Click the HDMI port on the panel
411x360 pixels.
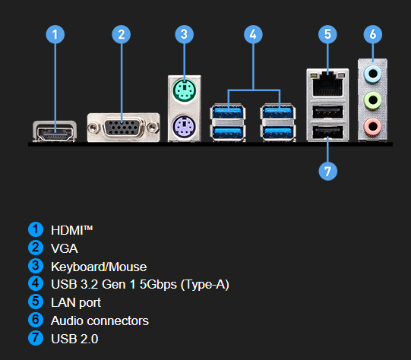(55, 132)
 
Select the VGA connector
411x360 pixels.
(124, 128)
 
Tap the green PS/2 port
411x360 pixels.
(185, 90)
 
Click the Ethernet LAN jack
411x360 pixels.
(327, 84)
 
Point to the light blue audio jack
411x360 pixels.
(372, 74)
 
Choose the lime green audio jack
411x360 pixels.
(372, 99)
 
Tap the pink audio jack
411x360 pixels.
(372, 127)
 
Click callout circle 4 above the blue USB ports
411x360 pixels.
(253, 34)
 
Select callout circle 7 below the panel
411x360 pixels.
(327, 171)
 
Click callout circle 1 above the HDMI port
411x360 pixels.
(55, 34)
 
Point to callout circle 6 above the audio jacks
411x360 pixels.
(373, 34)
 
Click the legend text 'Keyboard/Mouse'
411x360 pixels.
(99, 267)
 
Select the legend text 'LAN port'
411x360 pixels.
(76, 302)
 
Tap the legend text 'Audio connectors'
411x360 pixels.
(100, 321)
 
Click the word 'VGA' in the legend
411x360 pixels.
(65, 248)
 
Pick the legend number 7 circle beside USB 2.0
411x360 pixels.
(36, 338)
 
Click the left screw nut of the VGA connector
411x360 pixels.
(93, 128)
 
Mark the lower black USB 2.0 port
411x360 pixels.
(327, 132)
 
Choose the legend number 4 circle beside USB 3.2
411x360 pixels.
(36, 283)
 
